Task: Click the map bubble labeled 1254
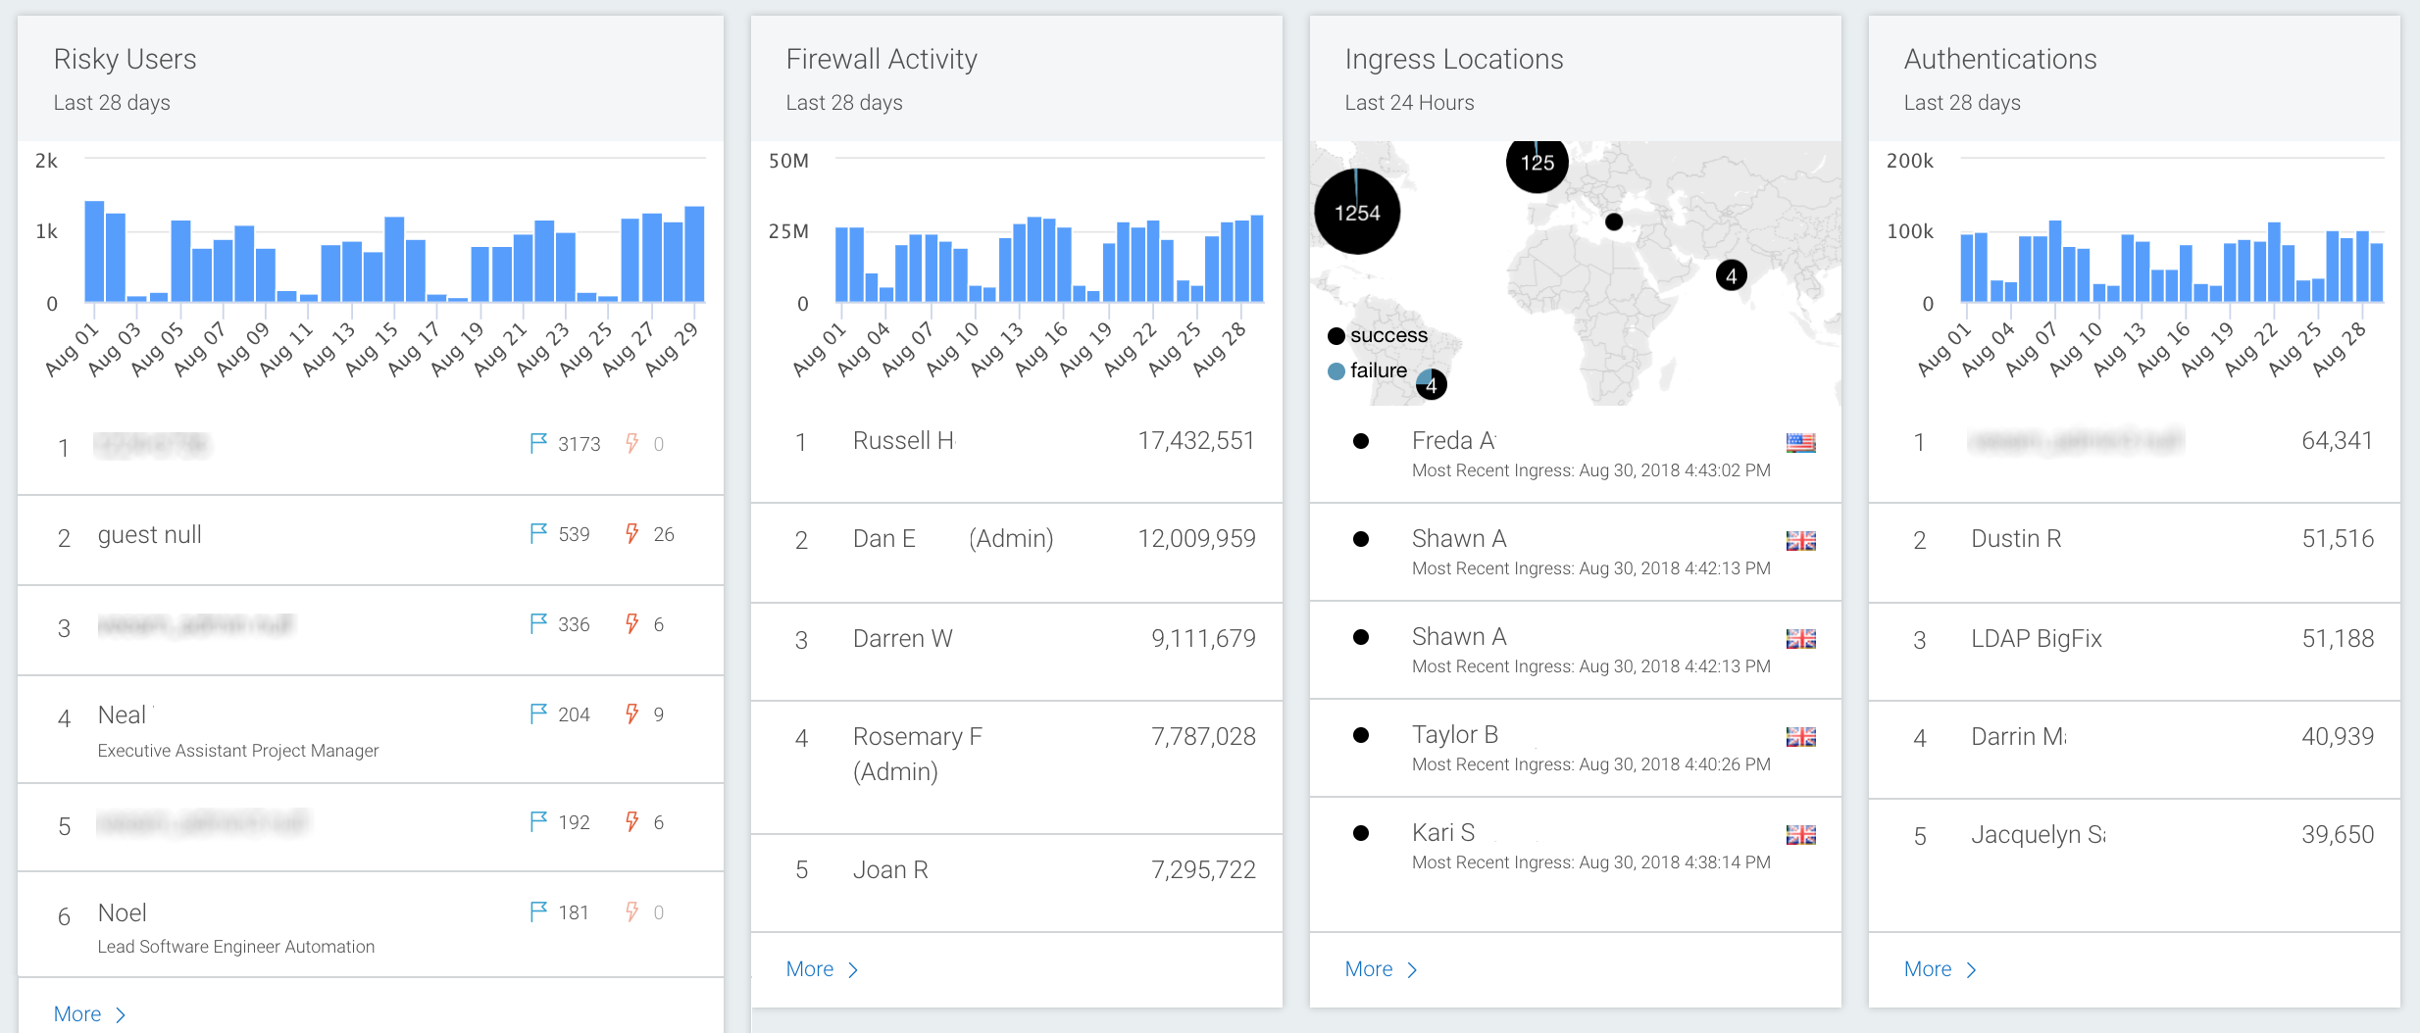tap(1357, 212)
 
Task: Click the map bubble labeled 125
tap(1537, 163)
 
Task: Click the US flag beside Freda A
tap(1800, 443)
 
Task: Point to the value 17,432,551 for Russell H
tap(1195, 441)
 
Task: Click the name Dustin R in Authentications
tap(2016, 539)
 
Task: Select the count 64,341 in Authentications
tap(2337, 441)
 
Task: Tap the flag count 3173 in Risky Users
tap(579, 444)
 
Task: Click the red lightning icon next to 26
tap(632, 534)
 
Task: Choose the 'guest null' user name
tap(149, 535)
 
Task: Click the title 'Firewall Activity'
tap(882, 60)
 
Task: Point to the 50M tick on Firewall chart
tap(788, 161)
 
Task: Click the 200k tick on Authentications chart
tap(1909, 161)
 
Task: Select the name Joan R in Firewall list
tap(890, 870)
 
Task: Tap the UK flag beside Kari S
tap(1800, 835)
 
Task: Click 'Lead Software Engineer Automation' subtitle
tap(236, 947)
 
